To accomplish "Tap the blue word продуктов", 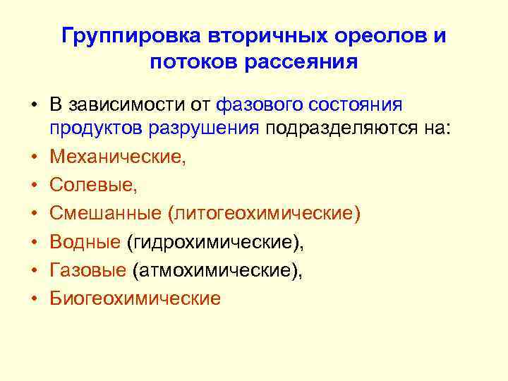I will pos(96,129).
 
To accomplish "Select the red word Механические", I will pos(118,157).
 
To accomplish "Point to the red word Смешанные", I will pos(106,213).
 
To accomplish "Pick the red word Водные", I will pos(85,241).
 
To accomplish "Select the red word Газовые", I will pos(88,270).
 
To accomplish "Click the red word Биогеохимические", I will pos(135,298).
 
